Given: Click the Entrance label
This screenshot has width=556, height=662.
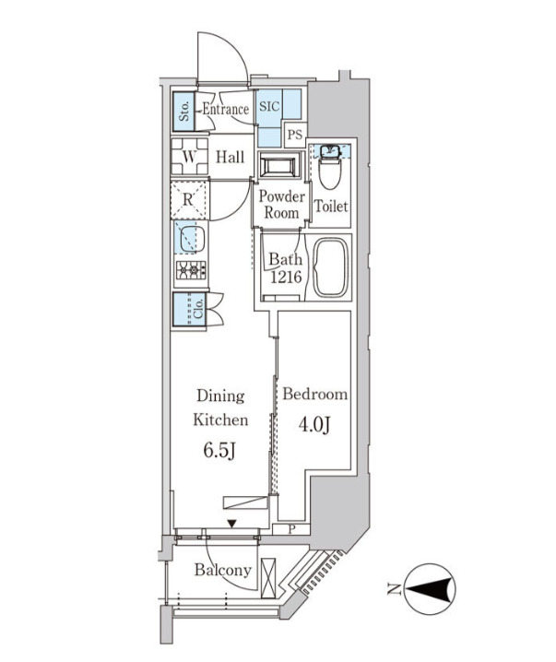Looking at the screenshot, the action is (225, 110).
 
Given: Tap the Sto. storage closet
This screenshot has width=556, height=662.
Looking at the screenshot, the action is (183, 112).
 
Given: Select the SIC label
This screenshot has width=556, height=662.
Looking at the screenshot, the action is (269, 106).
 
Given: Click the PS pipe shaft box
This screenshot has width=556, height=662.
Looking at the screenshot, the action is (295, 135).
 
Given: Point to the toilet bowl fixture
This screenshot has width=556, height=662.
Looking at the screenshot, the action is (330, 167).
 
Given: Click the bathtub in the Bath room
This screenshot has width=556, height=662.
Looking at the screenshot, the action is (332, 267).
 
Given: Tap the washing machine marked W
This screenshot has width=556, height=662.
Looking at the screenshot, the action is (190, 157).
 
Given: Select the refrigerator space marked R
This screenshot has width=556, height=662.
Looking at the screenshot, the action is (190, 200).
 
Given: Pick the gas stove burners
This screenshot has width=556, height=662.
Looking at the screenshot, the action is (191, 270).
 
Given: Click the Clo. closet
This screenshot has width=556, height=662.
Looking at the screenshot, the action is (189, 309).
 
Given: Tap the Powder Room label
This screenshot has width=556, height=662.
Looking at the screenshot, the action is (281, 205).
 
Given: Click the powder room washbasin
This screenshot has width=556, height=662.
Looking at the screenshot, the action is (279, 165).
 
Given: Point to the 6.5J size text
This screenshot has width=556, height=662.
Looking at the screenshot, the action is (219, 451).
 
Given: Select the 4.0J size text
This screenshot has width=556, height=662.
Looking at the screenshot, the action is (314, 424).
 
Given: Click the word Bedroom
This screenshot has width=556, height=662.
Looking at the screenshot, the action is (315, 394).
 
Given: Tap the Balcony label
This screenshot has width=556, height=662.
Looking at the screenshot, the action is (223, 571).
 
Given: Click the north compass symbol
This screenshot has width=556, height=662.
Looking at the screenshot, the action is (430, 589).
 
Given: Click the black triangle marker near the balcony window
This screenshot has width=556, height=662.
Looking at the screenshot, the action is (231, 524).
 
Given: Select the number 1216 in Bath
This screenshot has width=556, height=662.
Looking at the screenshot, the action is (286, 278).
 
